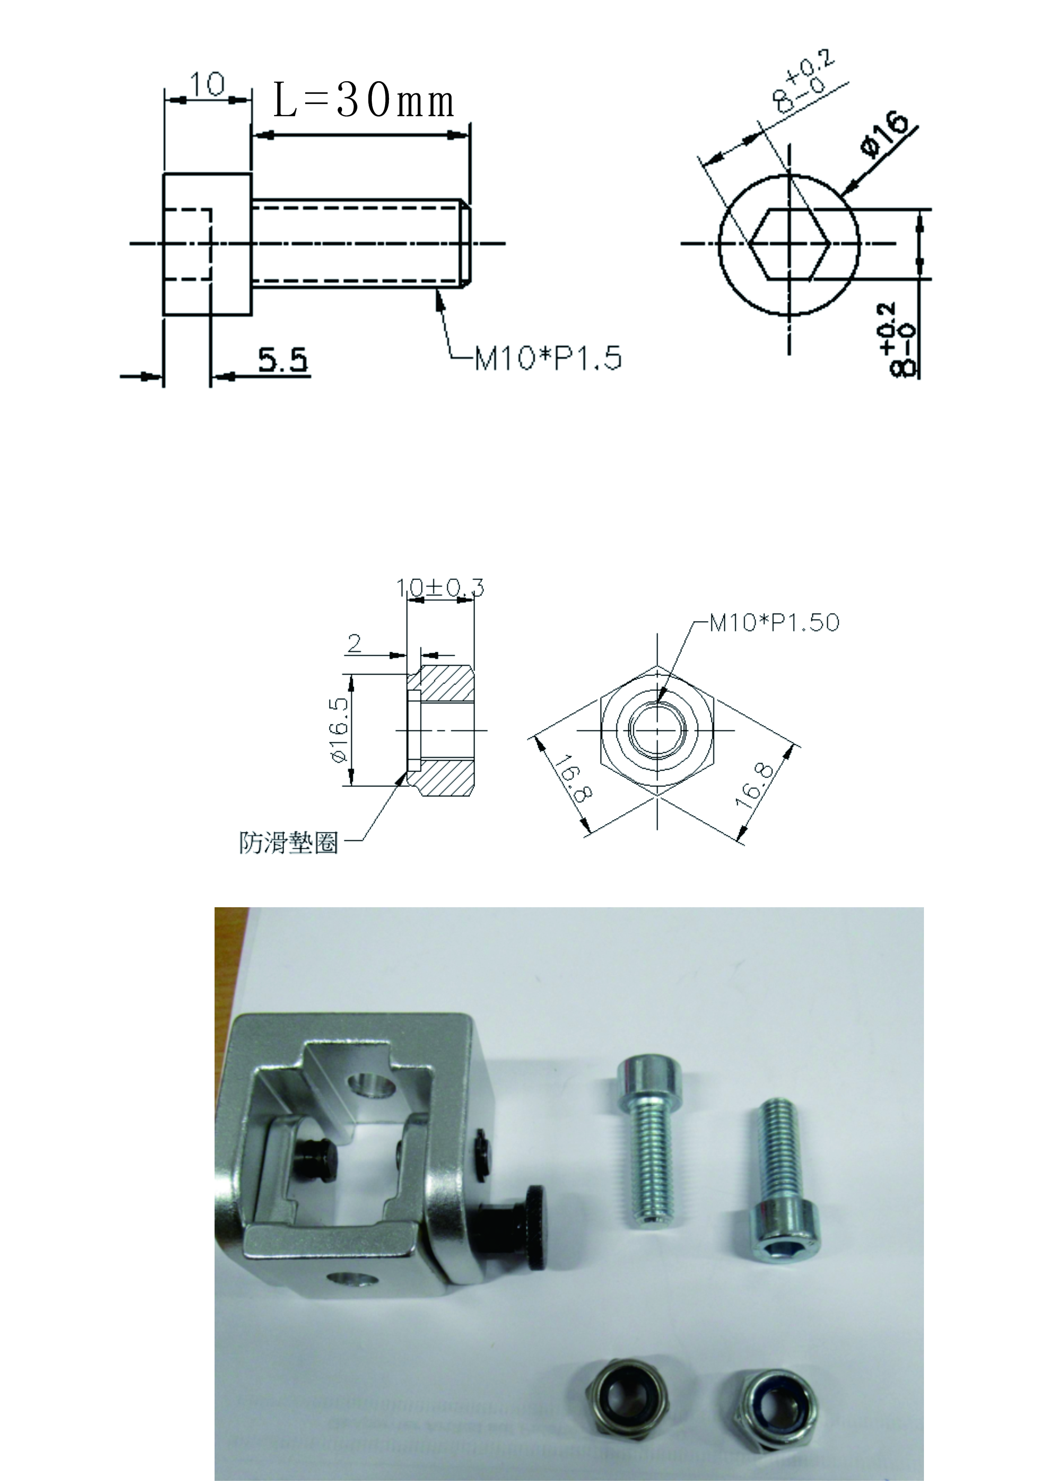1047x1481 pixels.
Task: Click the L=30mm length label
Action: point(364,101)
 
